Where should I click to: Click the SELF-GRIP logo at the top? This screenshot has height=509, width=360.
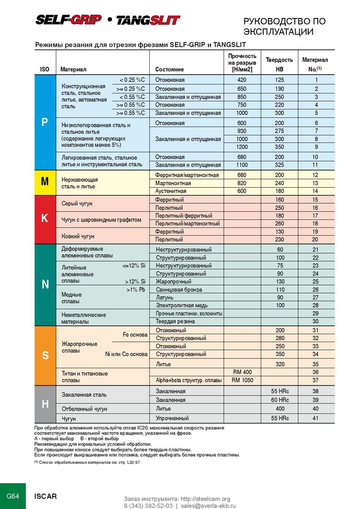click(x=68, y=20)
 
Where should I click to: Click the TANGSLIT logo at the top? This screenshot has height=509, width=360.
click(x=148, y=20)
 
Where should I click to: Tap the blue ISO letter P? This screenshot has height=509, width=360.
click(x=45, y=122)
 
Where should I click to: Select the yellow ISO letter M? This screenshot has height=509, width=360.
click(x=45, y=182)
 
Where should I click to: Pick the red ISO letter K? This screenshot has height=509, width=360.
click(x=45, y=219)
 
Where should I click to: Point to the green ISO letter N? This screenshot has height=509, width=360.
click(x=45, y=284)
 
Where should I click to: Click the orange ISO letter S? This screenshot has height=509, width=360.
click(x=45, y=355)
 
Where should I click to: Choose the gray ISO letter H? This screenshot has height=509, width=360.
click(x=45, y=404)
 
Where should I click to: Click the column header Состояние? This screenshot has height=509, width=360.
click(x=169, y=70)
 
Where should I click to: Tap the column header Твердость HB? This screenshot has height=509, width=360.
click(x=279, y=64)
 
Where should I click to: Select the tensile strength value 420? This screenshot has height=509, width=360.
click(x=242, y=80)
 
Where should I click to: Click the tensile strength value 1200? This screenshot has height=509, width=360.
click(x=242, y=147)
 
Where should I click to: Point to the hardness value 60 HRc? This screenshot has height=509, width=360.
click(x=280, y=400)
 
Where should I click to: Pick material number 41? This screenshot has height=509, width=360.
click(x=315, y=418)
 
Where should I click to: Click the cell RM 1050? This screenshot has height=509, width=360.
click(x=242, y=380)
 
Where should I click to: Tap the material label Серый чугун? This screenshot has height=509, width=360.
click(x=77, y=204)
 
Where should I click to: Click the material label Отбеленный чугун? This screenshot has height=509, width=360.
click(x=84, y=409)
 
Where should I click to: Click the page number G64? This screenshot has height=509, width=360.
click(x=12, y=496)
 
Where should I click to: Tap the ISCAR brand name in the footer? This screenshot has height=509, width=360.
click(x=46, y=496)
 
